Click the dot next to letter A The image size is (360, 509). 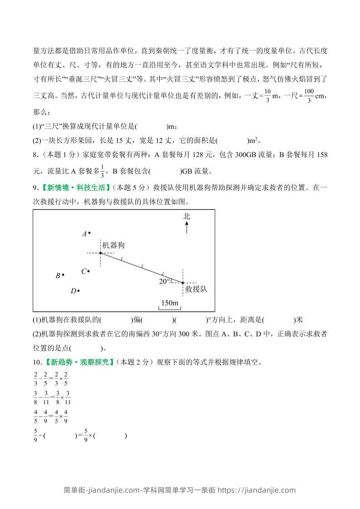pos(89,233)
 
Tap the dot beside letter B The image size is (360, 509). pos(63,274)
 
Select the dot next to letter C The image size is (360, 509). pos(89,271)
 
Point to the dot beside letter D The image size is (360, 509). pos(79,291)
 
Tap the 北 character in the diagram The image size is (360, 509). pos(187,216)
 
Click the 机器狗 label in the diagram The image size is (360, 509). pos(113,245)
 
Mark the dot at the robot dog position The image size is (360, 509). pos(100,253)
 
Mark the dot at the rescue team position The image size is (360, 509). pos(183,283)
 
